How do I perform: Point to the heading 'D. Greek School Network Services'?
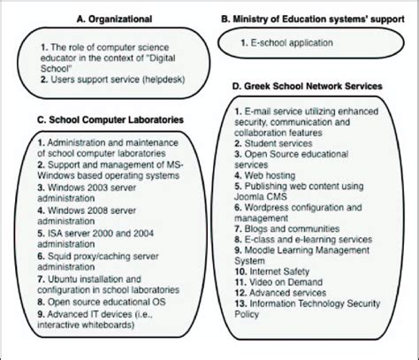pos(307,85)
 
